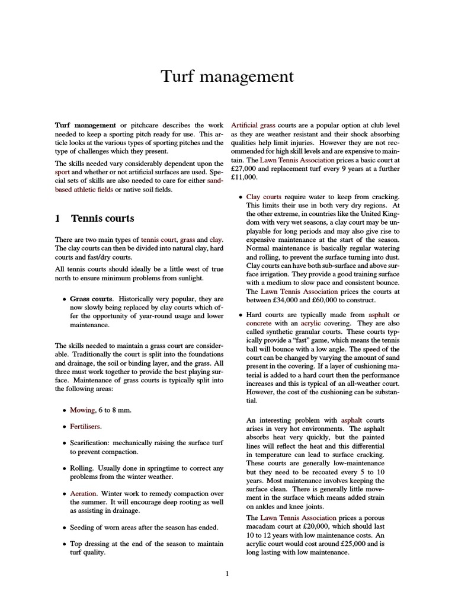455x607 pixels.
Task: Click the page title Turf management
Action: pos(227,77)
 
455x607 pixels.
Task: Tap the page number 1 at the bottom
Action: pos(227,573)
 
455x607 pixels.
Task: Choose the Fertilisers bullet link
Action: pos(86,426)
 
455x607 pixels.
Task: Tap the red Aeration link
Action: pos(84,493)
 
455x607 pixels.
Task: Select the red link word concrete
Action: pos(259,324)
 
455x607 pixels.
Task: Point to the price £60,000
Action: pos(317,301)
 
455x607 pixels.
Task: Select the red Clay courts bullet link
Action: pos(264,196)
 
